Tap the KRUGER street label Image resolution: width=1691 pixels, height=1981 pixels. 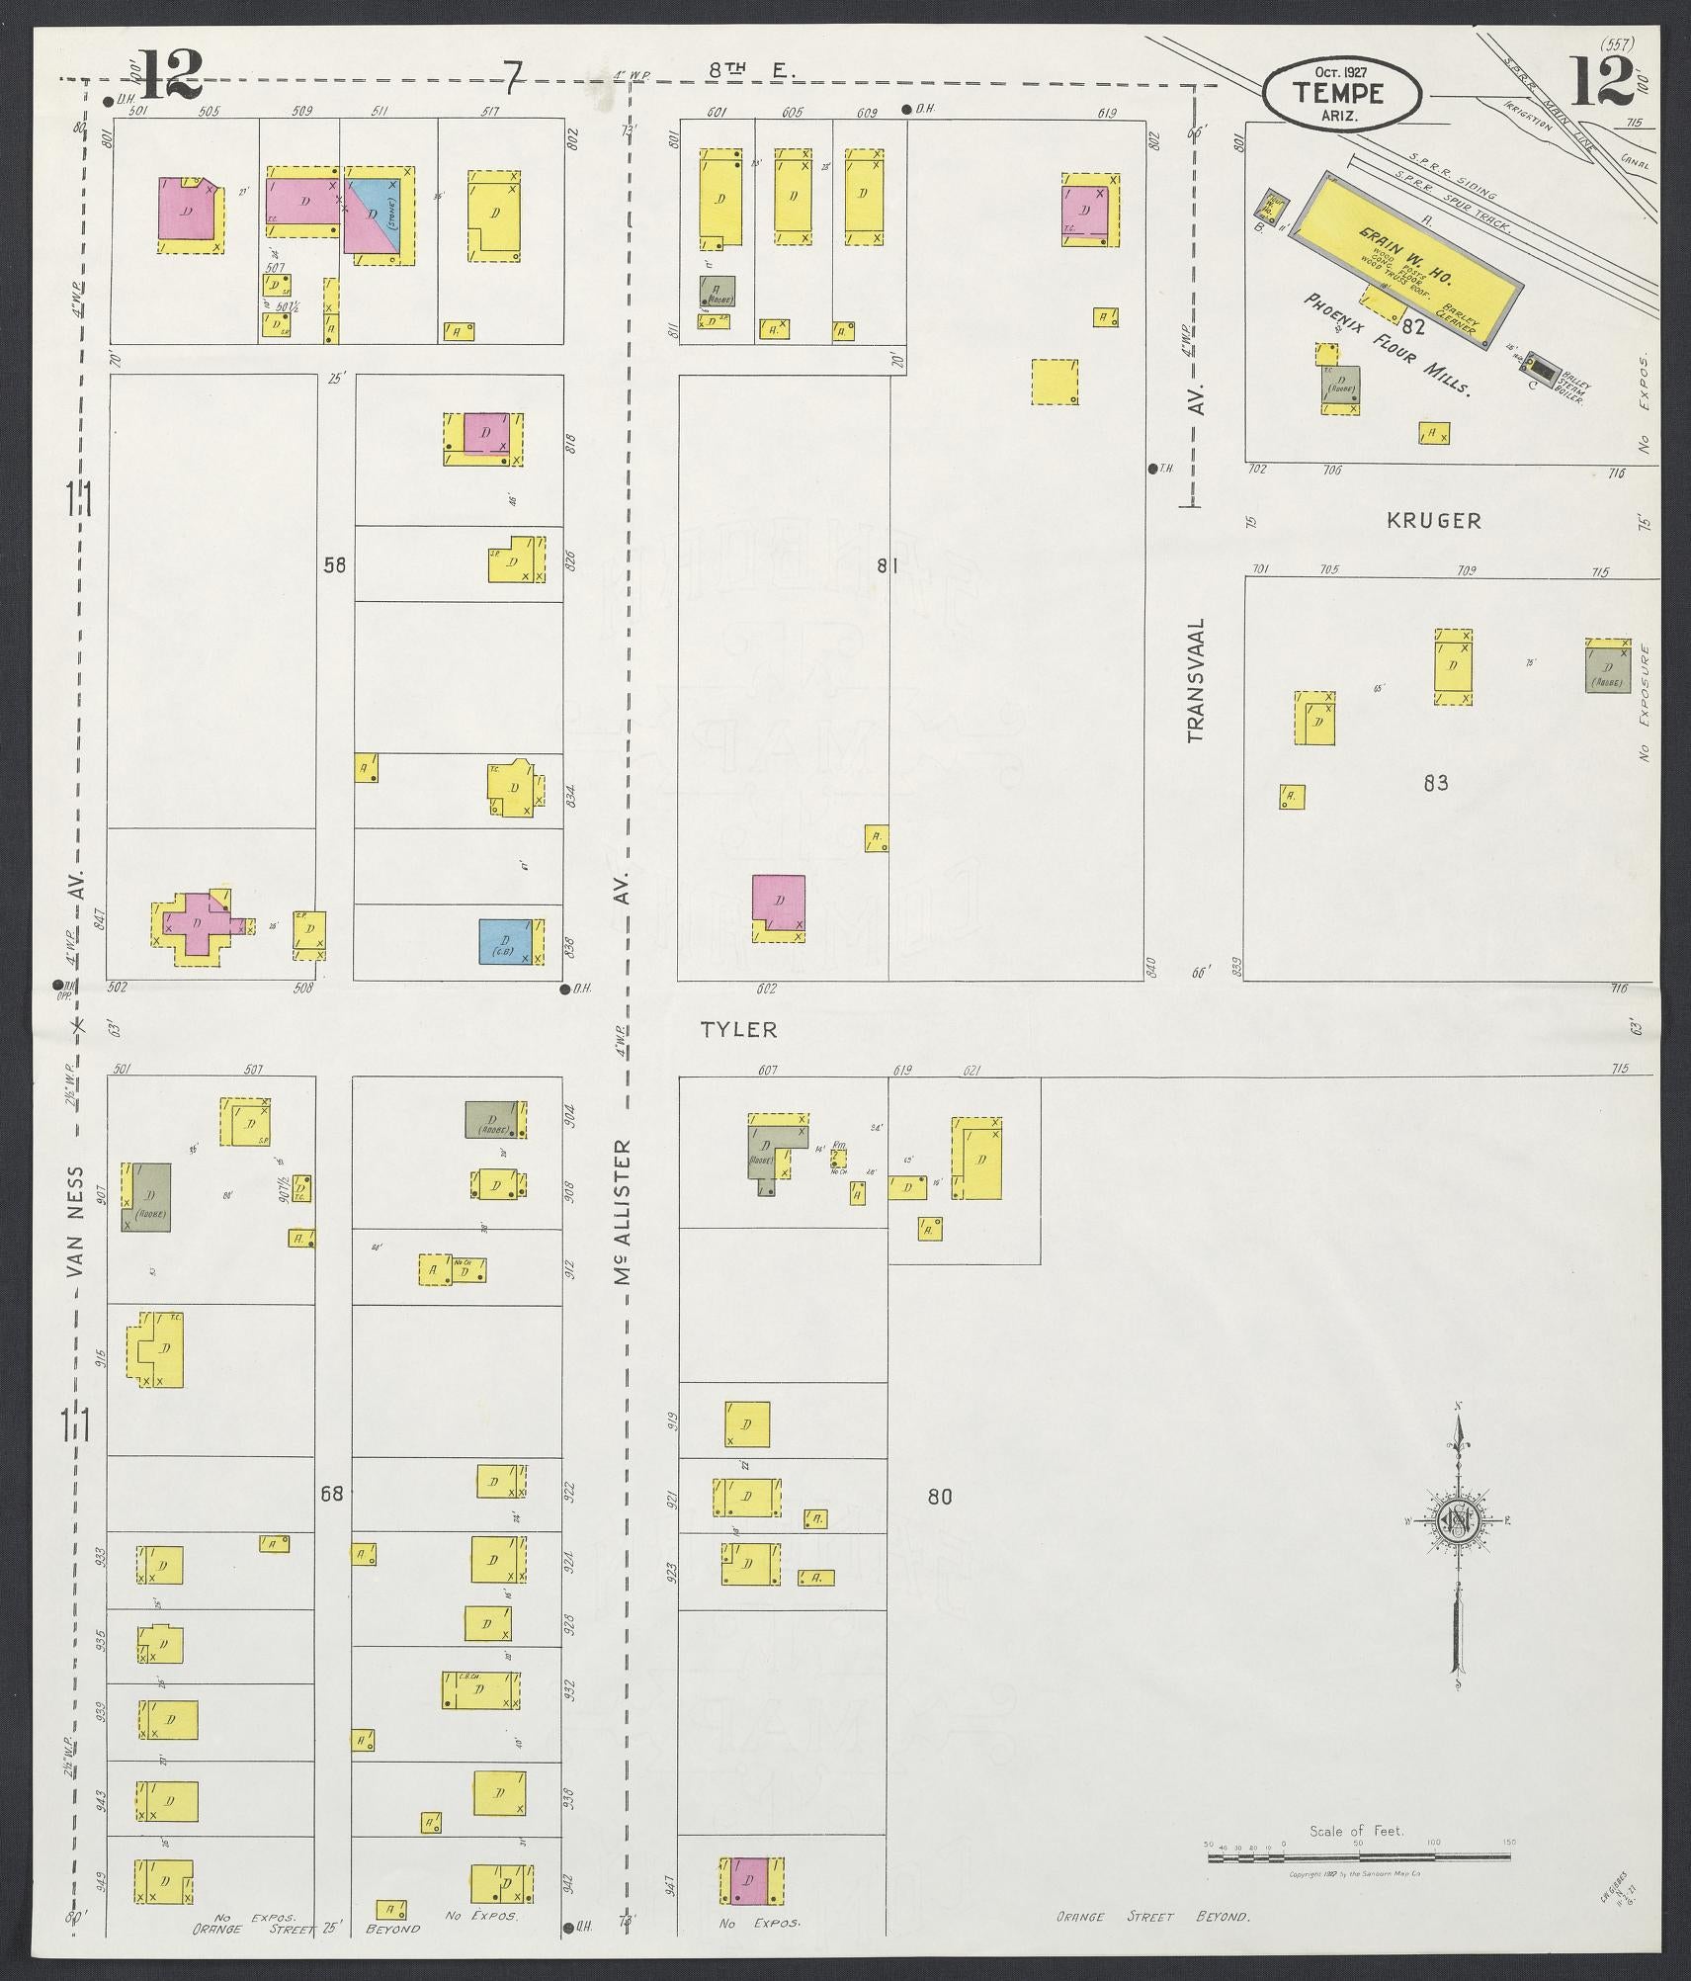click(x=1433, y=520)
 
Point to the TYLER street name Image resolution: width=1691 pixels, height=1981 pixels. click(x=738, y=1030)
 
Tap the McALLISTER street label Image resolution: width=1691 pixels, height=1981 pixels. click(x=622, y=1212)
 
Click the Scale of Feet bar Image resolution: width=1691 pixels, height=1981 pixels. click(x=1359, y=1857)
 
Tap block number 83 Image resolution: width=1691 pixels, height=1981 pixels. click(x=1435, y=783)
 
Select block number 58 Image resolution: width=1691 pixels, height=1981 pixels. click(x=334, y=565)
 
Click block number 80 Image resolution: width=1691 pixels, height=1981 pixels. click(x=939, y=1523)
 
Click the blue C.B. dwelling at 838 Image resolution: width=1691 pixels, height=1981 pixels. click(x=506, y=940)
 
